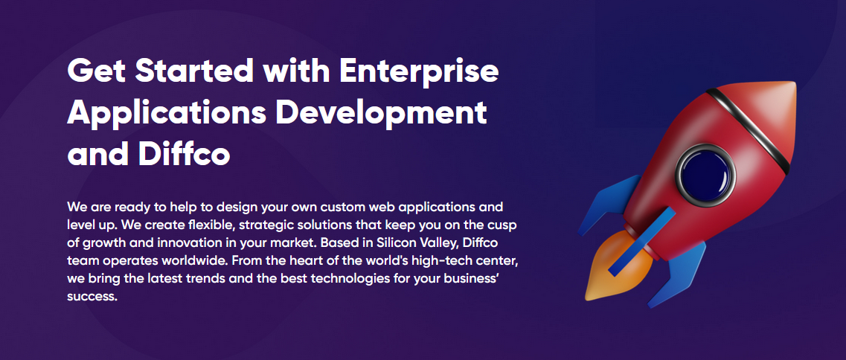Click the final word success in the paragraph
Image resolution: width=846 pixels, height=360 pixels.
pyautogui.click(x=92, y=296)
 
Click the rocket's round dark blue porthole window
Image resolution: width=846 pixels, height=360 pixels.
pyautogui.click(x=705, y=175)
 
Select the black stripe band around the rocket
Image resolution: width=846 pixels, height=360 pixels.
pyautogui.click(x=748, y=129)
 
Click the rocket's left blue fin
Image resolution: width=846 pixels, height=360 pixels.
pyautogui.click(x=607, y=205)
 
